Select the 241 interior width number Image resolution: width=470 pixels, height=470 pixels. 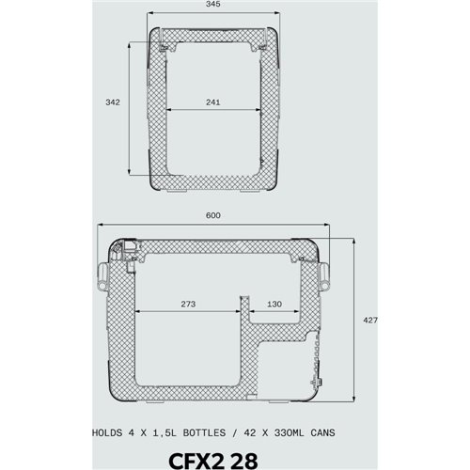(x=213, y=104)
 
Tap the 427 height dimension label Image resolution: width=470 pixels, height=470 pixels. (x=369, y=321)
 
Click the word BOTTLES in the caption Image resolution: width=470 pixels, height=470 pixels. (x=192, y=433)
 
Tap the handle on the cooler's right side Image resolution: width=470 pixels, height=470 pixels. (x=325, y=273)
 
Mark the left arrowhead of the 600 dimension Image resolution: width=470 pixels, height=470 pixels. (x=101, y=227)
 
